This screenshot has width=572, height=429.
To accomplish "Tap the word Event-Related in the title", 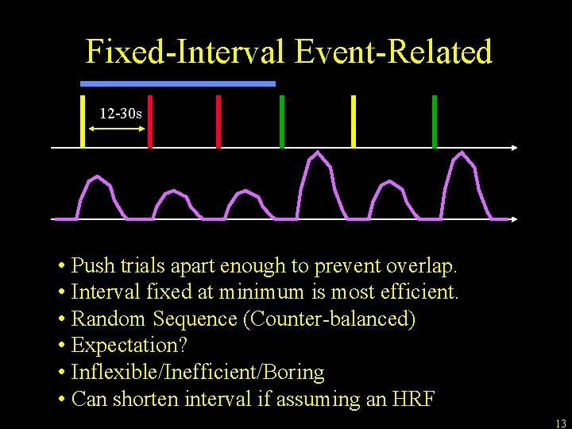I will coord(393,52).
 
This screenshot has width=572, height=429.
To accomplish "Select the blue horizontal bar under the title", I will coord(178,83).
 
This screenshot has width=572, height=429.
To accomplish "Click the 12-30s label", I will coord(121,114).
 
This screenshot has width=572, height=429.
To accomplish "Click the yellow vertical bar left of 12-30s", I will coord(83,121).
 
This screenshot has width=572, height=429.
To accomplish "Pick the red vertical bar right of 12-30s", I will coord(150,121).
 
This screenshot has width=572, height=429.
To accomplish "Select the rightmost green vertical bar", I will coord(434,121).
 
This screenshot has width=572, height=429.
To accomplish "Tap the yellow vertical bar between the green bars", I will coord(354,121).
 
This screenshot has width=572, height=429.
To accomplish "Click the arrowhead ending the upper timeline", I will coord(515,148).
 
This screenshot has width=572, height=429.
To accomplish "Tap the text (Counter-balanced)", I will coord(329,319).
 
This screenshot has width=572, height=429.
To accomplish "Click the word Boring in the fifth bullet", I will coord(295,373).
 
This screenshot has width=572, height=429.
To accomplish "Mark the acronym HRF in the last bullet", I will coord(413,399).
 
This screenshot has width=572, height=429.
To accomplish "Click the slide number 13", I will coord(560,423).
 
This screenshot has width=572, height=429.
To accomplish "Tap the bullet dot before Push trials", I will coord(61,265).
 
